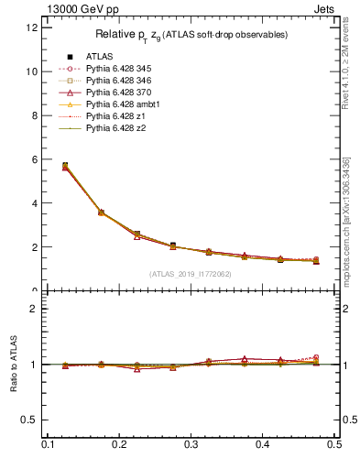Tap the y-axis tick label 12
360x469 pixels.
click(31, 27)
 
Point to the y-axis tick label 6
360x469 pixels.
click(34, 159)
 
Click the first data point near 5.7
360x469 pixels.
click(64, 166)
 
